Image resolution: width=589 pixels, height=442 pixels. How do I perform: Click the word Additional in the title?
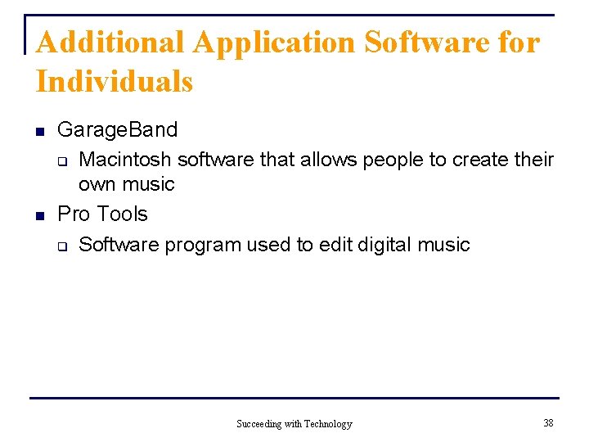[x=106, y=42]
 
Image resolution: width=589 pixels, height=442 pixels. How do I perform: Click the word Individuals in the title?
[x=115, y=82]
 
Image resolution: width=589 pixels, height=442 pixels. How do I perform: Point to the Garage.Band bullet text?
[x=117, y=130]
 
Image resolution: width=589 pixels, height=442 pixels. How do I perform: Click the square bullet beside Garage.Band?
[x=38, y=131]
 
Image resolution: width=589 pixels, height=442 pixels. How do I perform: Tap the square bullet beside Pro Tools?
[x=38, y=215]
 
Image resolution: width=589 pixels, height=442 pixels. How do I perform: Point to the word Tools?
[x=122, y=214]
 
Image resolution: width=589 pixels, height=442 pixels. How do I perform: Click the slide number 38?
[x=547, y=422]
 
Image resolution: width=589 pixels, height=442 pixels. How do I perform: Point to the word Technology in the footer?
[x=328, y=424]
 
